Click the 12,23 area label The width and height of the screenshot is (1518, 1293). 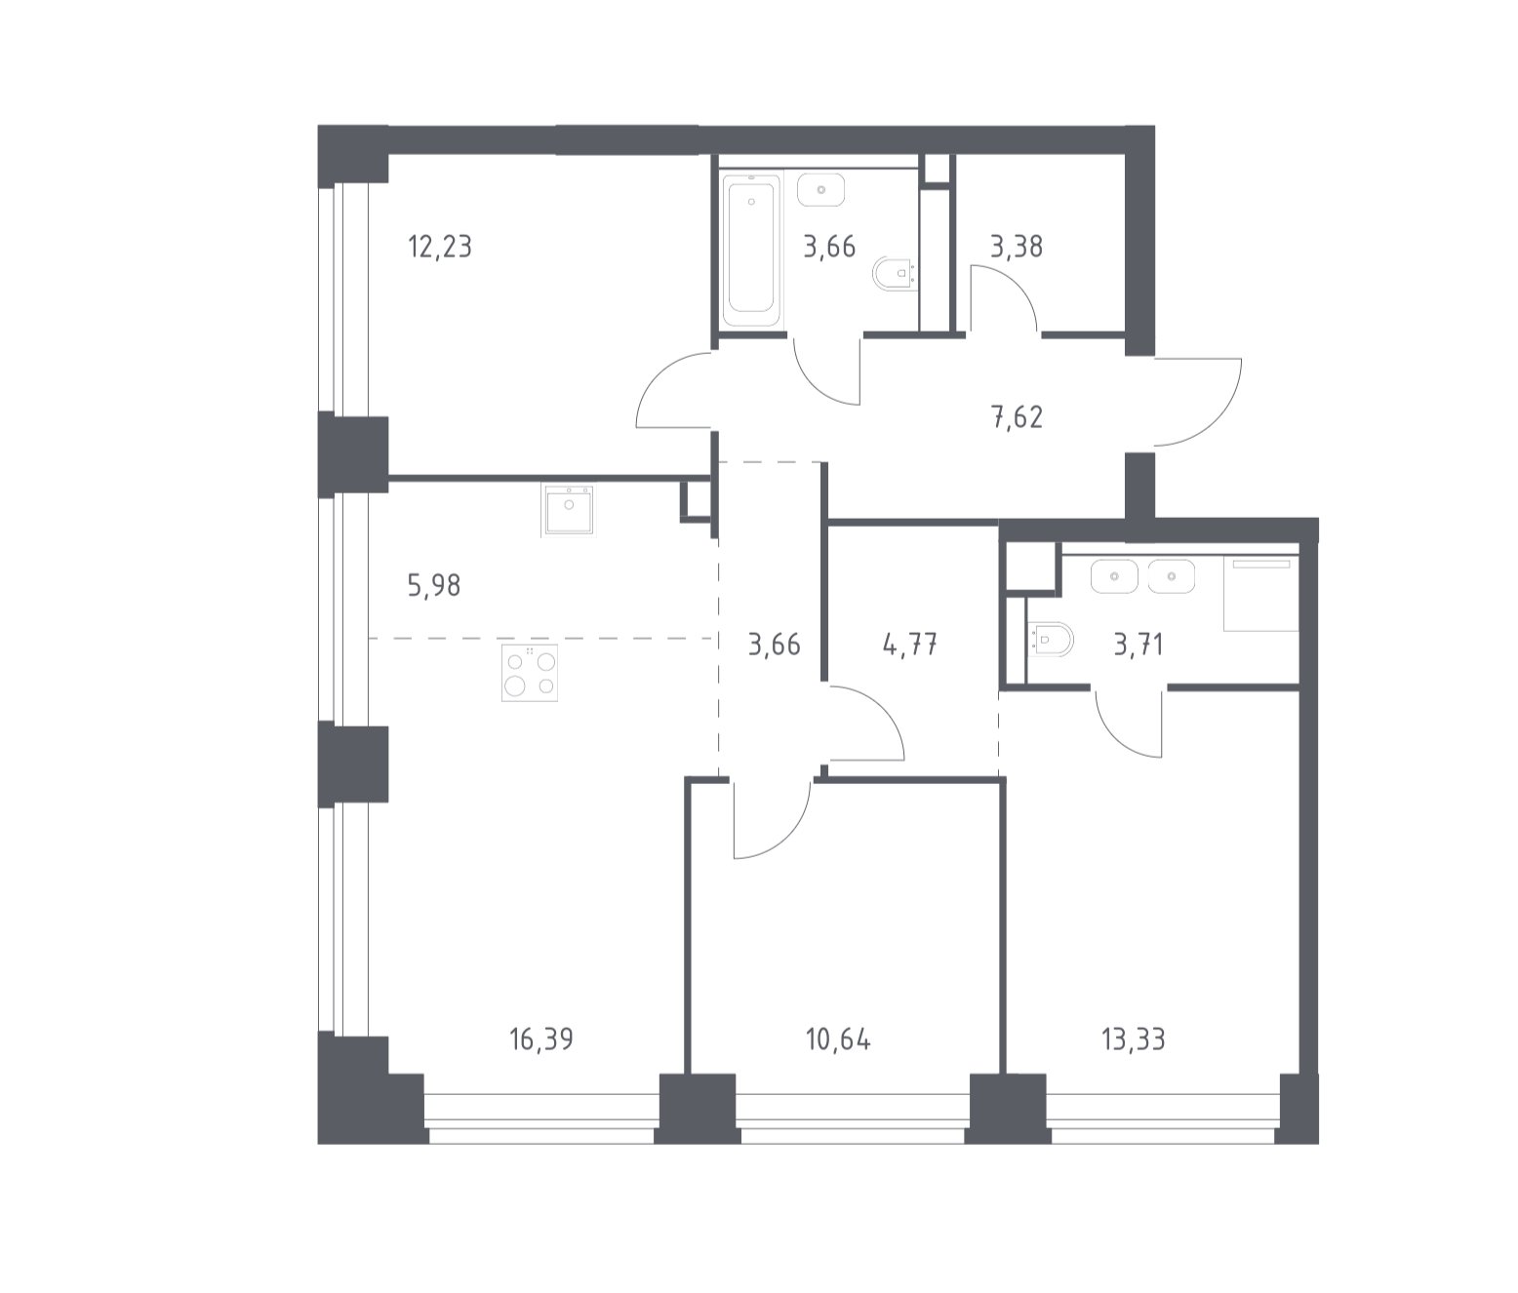tap(440, 247)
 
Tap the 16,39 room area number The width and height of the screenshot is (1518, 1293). tap(541, 1039)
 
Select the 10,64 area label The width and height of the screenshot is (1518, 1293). tap(838, 1039)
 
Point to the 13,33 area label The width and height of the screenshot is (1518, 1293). tap(1134, 1039)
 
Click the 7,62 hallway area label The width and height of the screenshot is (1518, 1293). tap(1018, 417)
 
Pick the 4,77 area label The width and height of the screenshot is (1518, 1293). tap(910, 645)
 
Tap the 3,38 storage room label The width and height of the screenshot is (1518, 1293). tap(1017, 247)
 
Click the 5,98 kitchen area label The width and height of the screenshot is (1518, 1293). tap(434, 586)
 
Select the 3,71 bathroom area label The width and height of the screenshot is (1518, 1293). tap(1138, 645)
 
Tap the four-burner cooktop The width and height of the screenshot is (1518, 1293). tap(530, 673)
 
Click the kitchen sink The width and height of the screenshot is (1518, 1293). tap(569, 510)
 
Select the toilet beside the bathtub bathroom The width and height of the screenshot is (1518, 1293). tap(896, 274)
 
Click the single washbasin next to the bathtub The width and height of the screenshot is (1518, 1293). tap(821, 190)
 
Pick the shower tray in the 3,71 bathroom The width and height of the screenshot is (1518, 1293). tap(1261, 593)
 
